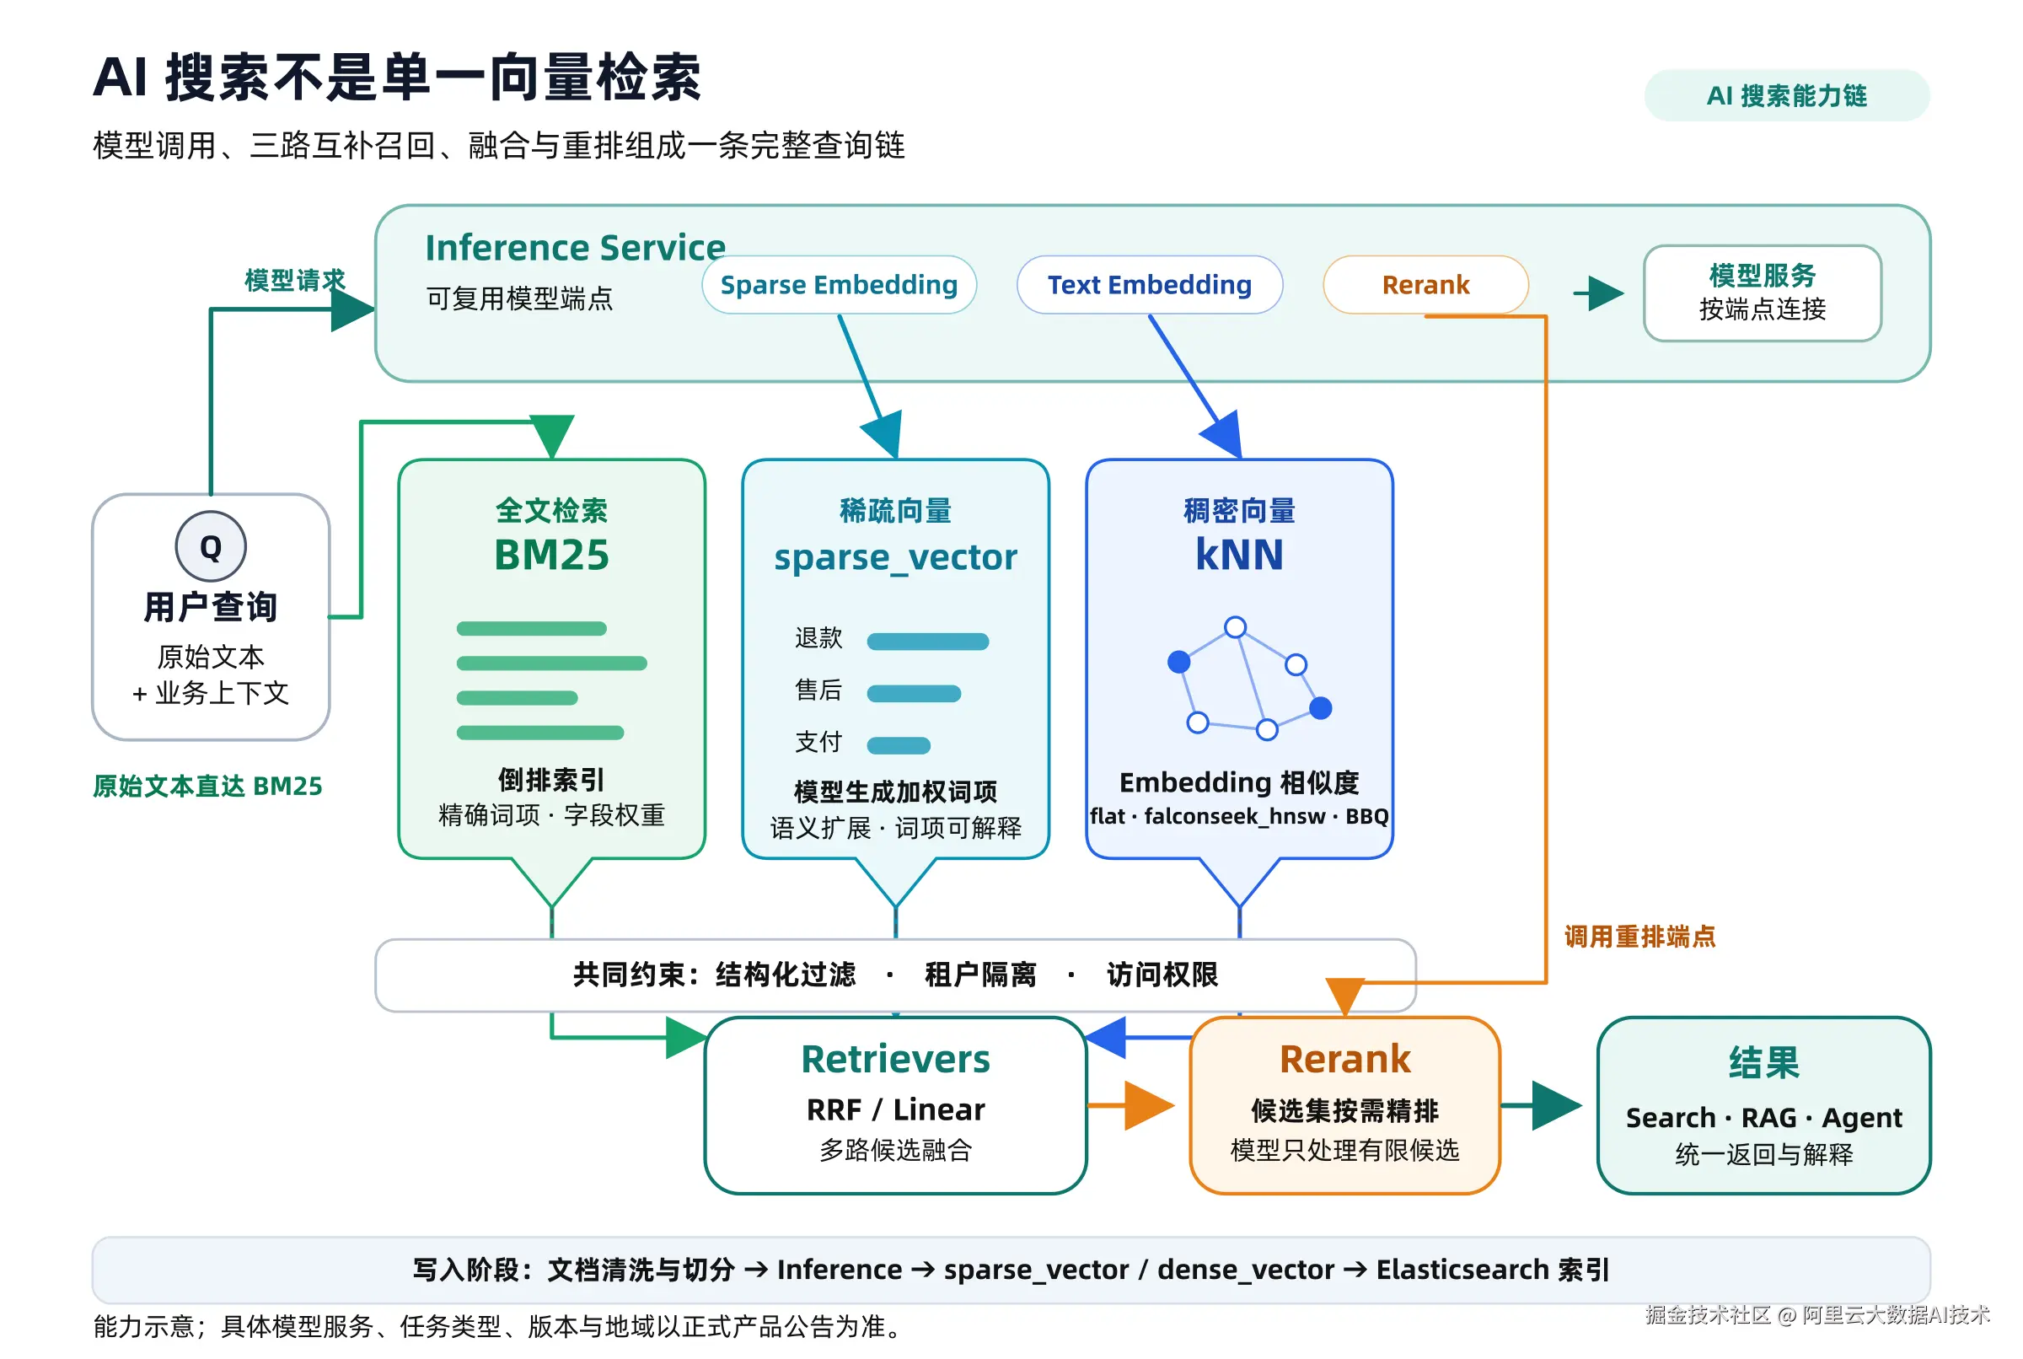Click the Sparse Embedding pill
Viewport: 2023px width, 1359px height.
point(839,284)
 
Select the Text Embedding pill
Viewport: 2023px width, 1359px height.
point(1149,284)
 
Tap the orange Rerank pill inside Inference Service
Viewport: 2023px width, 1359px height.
point(1425,284)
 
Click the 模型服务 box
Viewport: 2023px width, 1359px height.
point(1762,293)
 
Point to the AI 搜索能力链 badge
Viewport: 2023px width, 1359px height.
point(1786,95)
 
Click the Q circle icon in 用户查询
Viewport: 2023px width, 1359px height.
point(211,547)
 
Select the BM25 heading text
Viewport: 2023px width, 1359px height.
point(552,555)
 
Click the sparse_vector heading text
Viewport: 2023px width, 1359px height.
point(895,557)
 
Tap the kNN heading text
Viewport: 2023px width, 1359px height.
point(1239,555)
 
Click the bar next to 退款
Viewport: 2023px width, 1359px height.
point(927,642)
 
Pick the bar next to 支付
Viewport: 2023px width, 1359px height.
point(899,745)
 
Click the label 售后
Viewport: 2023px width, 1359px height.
point(818,690)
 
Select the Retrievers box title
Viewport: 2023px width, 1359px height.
point(895,1059)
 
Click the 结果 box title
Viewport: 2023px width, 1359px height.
point(1763,1062)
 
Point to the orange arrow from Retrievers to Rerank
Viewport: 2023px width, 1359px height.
point(1130,1105)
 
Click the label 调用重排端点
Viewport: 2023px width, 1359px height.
point(1639,937)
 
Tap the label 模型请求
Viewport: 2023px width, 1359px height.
point(294,280)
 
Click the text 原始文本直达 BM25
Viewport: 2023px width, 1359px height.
point(208,786)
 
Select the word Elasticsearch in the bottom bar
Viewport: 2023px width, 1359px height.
point(1462,1270)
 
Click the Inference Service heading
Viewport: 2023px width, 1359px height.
point(574,248)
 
